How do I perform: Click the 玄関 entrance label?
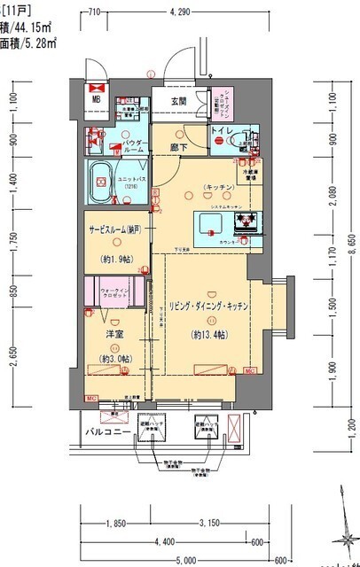[179, 102]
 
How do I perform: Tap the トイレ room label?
[221, 131]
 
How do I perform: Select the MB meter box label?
[97, 99]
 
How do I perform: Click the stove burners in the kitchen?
[244, 220]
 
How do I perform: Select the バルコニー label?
[103, 431]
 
